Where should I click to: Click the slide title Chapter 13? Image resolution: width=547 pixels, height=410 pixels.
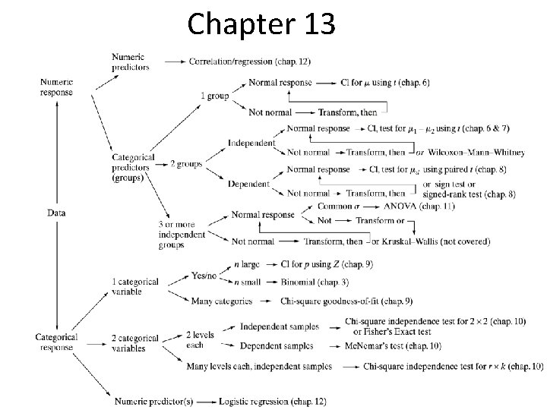click(261, 24)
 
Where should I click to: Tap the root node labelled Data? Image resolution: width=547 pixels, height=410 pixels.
click(55, 213)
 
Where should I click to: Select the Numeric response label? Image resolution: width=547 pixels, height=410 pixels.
click(56, 87)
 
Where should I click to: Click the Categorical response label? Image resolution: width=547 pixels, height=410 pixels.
click(56, 342)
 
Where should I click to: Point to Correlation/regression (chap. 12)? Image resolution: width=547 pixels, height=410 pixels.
click(249, 61)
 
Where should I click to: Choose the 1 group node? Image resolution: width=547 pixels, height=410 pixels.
click(213, 96)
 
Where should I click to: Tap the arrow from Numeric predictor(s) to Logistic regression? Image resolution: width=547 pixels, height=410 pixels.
click(206, 401)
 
